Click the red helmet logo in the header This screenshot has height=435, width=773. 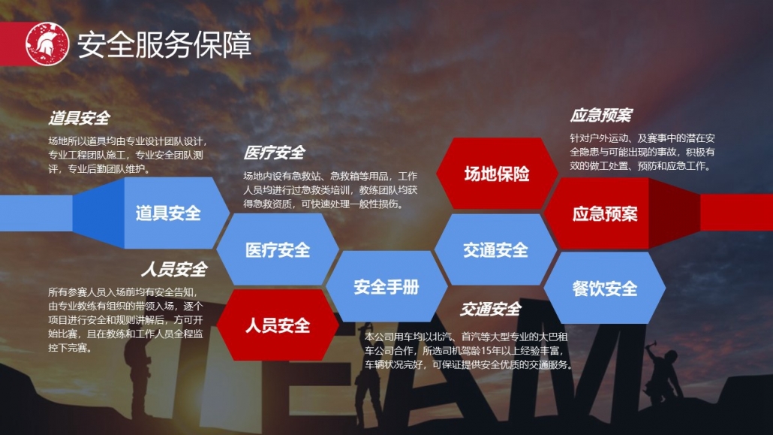[47, 44]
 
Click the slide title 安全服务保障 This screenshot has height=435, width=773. [164, 45]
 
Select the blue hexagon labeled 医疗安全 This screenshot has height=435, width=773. [278, 250]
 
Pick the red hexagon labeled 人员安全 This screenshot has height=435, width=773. [278, 325]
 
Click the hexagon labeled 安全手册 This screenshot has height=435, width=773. [386, 286]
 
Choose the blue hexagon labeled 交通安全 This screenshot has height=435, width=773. [495, 250]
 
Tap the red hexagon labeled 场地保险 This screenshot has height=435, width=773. [497, 174]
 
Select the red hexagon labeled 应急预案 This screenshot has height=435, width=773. [604, 213]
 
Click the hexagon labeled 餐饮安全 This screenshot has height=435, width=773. [605, 288]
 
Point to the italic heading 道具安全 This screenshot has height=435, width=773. [80, 118]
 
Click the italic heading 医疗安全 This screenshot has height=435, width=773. [274, 153]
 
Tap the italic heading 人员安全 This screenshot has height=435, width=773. [175, 270]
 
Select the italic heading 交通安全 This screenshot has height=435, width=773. [491, 310]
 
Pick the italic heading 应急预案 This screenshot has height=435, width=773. [601, 116]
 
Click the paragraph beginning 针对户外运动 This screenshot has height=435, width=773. [642, 152]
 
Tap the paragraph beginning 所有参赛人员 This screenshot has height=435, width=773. [126, 319]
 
